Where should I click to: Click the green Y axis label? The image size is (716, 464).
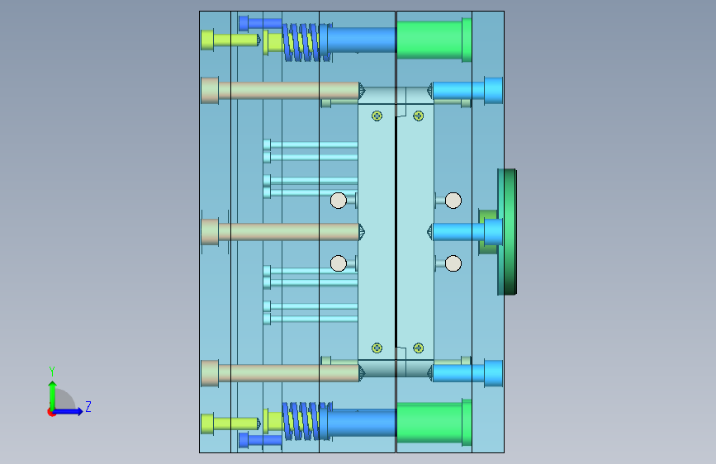tap(51, 372)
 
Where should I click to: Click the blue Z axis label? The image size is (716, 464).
tap(88, 406)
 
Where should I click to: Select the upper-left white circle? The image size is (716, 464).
tap(339, 201)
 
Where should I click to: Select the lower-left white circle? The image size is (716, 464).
tap(339, 263)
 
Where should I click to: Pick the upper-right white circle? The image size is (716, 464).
tap(453, 201)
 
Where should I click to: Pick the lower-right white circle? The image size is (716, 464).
tap(453, 263)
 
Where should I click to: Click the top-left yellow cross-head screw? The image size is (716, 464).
tap(377, 116)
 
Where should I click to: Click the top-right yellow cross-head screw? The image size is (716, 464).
tap(418, 116)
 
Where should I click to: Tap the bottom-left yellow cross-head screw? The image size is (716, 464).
tap(377, 348)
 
